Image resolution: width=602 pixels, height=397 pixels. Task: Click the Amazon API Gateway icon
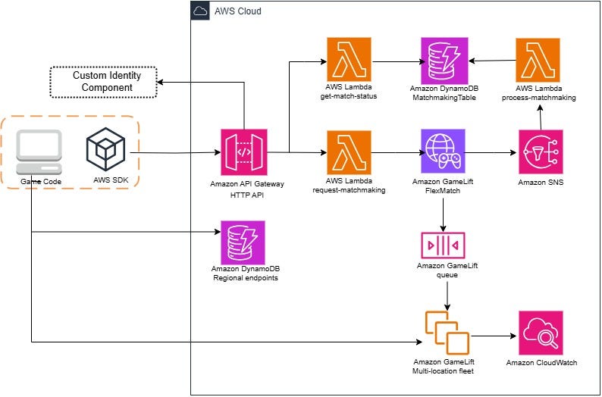(243, 152)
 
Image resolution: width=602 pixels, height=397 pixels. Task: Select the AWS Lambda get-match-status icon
(350, 60)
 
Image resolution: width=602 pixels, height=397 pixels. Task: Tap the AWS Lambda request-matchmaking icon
(350, 152)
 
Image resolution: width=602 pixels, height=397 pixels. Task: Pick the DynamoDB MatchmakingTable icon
(444, 60)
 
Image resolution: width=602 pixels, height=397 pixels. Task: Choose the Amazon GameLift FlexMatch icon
(444, 152)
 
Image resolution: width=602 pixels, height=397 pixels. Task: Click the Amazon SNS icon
(541, 152)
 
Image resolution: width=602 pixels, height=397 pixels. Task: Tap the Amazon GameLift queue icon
(444, 245)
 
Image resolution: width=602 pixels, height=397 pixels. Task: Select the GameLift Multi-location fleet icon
(447, 333)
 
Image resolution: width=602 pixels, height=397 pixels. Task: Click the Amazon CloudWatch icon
(541, 333)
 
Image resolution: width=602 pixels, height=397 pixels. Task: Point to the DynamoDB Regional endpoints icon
(243, 242)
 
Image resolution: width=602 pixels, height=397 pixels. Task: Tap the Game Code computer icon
(39, 152)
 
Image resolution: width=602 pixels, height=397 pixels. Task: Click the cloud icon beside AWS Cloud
(200, 11)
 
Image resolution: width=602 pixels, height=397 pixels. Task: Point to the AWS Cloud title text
(240, 12)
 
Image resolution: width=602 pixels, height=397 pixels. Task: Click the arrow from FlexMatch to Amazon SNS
(491, 153)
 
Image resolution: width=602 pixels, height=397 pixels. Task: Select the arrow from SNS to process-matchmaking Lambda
(540, 117)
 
